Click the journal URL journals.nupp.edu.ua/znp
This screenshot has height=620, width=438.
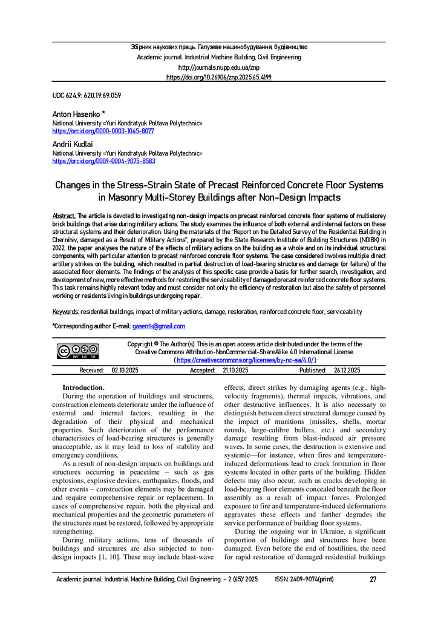(218, 67)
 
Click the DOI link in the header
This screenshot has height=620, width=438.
(218, 77)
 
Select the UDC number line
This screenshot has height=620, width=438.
(87, 96)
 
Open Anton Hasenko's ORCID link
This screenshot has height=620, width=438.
(103, 131)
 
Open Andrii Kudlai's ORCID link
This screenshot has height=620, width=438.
(103, 162)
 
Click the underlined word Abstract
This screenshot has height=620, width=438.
(64, 216)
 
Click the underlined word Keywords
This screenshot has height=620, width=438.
(65, 311)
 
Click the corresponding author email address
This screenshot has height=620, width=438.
(159, 326)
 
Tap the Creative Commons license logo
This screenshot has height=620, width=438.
(78, 351)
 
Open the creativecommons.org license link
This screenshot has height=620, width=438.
(245, 360)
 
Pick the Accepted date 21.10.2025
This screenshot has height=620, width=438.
(235, 370)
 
